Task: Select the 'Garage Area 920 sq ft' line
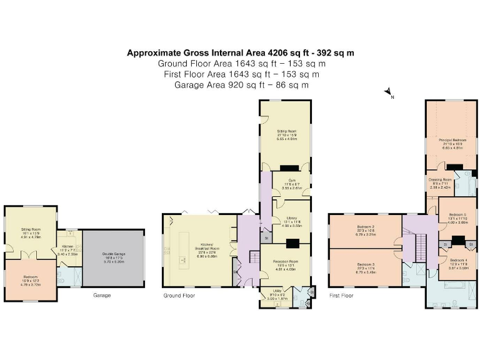point(241,85)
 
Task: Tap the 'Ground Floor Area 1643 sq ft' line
point(241,64)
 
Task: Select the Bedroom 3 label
point(366,266)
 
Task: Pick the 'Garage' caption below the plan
point(102,294)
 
